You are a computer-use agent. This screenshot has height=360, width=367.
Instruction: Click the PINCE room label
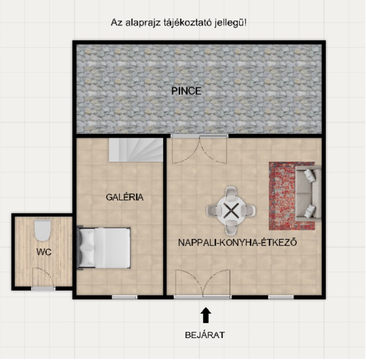point(186,91)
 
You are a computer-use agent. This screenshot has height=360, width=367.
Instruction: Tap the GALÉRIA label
point(125,197)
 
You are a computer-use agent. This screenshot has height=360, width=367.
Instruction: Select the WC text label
point(44,252)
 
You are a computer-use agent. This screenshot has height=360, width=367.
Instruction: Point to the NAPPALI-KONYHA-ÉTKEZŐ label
point(237,242)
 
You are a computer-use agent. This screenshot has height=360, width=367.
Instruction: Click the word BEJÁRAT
point(205,335)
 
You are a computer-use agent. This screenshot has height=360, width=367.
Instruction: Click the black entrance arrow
point(206,315)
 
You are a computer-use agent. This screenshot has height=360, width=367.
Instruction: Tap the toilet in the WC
point(42,230)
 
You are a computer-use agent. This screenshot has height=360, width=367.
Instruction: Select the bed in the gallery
point(104,248)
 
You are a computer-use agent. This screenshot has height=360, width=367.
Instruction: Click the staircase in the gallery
point(136,150)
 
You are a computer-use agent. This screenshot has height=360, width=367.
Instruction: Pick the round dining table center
point(231,210)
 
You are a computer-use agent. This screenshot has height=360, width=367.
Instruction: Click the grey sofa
point(308,193)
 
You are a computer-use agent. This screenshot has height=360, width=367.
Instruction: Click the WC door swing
point(43,278)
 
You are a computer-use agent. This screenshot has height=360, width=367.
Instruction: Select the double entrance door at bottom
point(203,284)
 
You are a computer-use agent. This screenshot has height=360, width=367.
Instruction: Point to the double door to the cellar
point(199,149)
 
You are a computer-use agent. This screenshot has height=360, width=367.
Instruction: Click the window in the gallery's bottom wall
point(125,297)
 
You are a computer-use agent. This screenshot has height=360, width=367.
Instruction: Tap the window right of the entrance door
point(281,297)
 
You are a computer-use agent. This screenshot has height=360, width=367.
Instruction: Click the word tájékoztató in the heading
point(188,23)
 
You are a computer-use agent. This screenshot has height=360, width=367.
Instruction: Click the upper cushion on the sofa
point(310,175)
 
